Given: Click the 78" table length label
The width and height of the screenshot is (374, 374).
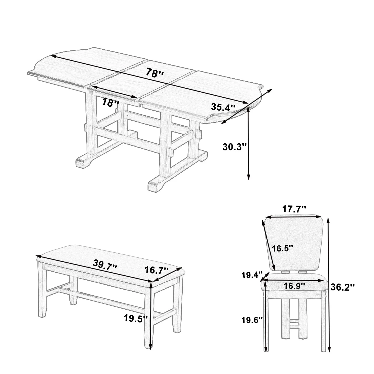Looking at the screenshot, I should click(155, 73).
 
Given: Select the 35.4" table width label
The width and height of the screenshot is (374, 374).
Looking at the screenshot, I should click(223, 107).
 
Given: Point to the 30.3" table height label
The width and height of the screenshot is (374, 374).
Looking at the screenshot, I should click(234, 147).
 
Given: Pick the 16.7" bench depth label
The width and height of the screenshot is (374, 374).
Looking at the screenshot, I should click(157, 270).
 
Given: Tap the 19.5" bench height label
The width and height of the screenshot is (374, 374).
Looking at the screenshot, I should click(136, 319).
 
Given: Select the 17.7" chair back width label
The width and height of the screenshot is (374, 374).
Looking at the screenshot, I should click(294, 209).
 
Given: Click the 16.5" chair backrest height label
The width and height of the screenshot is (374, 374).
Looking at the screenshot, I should click(282, 248).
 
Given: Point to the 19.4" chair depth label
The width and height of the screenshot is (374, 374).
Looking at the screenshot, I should click(252, 275).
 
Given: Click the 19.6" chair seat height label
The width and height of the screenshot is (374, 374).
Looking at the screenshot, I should click(252, 320).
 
